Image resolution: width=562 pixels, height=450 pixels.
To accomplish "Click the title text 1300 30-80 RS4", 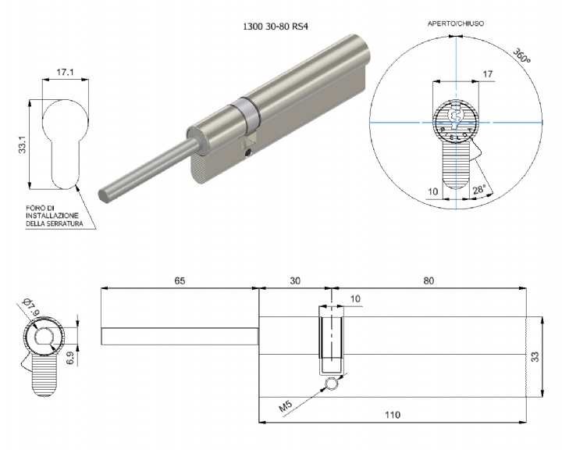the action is (276, 27).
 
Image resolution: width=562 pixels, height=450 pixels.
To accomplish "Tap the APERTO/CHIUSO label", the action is (456, 23).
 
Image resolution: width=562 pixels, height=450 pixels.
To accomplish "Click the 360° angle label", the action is (521, 56).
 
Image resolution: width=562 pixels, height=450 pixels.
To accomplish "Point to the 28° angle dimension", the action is (479, 190).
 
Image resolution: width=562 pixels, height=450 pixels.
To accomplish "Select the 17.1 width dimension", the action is (65, 72).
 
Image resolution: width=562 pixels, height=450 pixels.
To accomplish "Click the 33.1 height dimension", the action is (23, 145).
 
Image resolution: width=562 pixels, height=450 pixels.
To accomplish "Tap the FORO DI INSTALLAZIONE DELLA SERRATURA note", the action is (54, 216).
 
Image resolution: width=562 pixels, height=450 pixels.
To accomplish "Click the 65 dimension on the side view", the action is (180, 280).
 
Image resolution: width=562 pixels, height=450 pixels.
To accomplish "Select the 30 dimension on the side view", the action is (294, 280).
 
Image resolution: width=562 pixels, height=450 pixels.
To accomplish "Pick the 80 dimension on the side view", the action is (429, 280).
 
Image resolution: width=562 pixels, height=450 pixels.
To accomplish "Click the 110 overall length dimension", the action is (393, 415).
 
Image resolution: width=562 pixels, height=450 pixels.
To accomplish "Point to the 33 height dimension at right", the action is (535, 357).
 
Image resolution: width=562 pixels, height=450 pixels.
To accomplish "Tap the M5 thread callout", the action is (286, 406).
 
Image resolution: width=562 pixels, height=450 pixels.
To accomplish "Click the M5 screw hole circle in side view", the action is (332, 384).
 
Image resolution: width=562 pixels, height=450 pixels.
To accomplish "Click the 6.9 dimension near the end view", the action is (70, 358).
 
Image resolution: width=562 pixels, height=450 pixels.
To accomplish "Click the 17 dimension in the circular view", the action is (487, 74).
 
